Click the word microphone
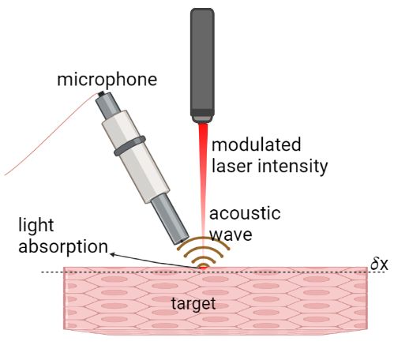click(x=107, y=80)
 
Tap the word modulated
click(x=256, y=144)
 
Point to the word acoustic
click(x=245, y=213)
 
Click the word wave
click(x=231, y=234)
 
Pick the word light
click(x=36, y=226)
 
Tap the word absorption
click(x=63, y=246)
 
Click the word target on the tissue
click(x=193, y=304)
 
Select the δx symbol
click(x=379, y=264)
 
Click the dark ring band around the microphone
click(x=129, y=146)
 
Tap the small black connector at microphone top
click(x=101, y=93)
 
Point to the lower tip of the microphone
click(x=181, y=241)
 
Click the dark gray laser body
click(x=202, y=62)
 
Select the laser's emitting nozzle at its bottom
click(x=202, y=119)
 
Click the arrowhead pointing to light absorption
click(x=112, y=254)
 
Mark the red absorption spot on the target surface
click(x=204, y=268)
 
